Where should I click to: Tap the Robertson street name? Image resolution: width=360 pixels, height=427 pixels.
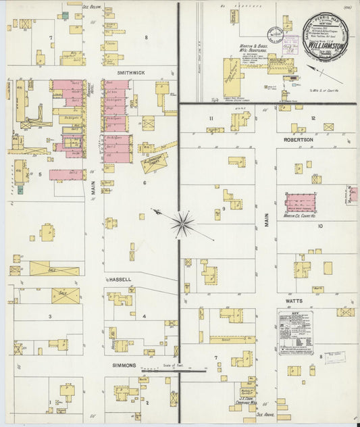tap(297, 139)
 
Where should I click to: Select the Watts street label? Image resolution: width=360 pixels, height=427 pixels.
tap(293, 299)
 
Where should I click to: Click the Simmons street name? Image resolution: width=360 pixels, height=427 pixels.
tap(120, 365)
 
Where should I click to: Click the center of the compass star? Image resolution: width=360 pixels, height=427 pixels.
tap(182, 224)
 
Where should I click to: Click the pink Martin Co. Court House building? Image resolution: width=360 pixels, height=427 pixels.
tap(305, 203)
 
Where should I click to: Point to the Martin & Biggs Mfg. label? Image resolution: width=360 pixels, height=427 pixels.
tap(250, 49)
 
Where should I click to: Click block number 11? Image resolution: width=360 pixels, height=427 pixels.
tap(211, 119)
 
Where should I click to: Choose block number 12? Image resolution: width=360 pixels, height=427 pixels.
tap(313, 118)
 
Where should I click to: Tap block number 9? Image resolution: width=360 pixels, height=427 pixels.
tap(223, 209)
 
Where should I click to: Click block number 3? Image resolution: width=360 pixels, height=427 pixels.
tap(49, 316)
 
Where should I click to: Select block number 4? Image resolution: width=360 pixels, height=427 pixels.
tap(144, 316)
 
